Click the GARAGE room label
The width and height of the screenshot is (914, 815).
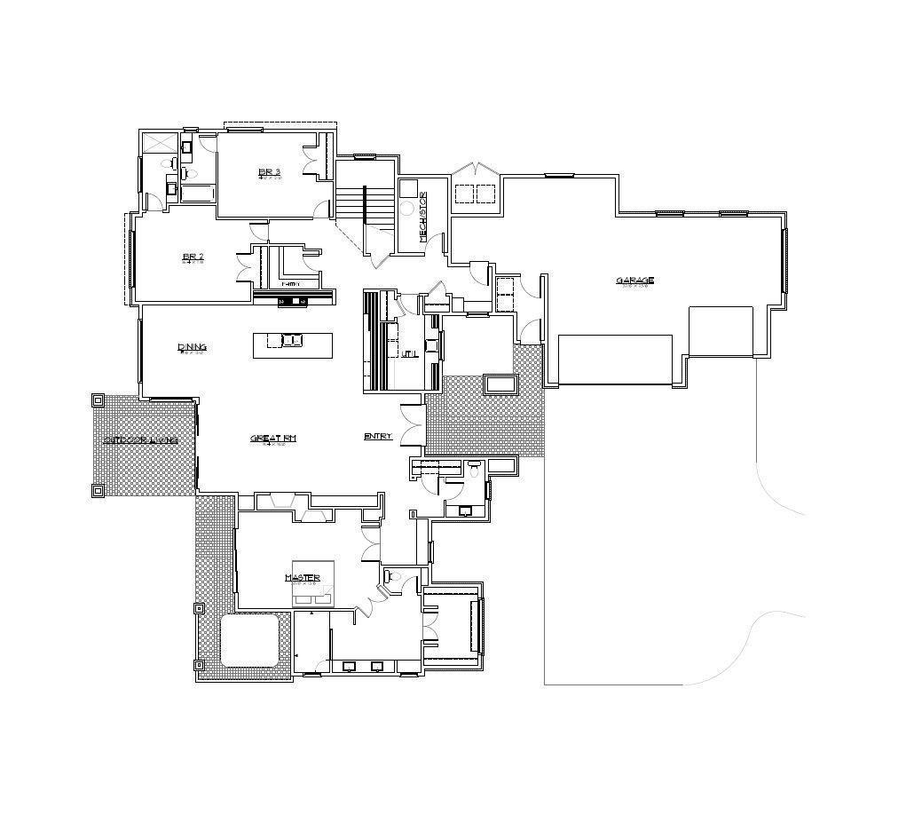(x=634, y=281)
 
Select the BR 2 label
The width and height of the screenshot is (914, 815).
(x=193, y=257)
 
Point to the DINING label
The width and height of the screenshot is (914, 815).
(x=192, y=346)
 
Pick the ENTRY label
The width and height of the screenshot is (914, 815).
(x=378, y=436)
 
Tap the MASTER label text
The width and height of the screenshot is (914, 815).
(x=302, y=578)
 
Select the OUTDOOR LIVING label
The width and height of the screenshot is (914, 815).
(x=140, y=439)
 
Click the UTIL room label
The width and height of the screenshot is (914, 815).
(x=409, y=353)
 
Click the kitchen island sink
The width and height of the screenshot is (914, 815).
(x=291, y=339)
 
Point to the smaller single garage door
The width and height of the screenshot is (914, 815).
(x=721, y=331)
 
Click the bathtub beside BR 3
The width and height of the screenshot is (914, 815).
(x=197, y=193)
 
